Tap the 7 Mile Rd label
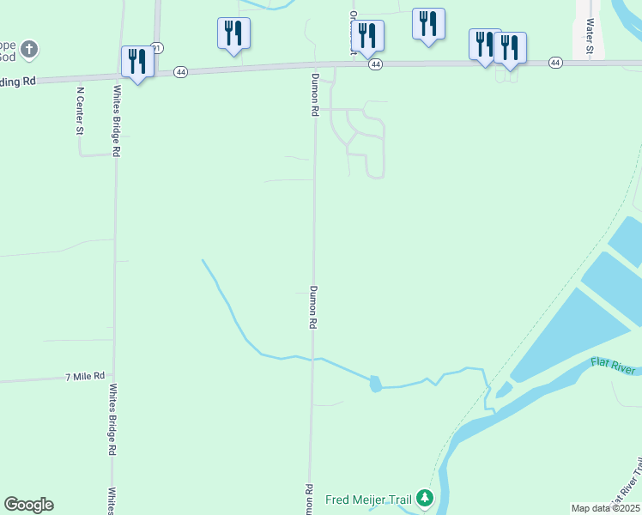coord(85,377)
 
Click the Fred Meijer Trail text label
coord(368,499)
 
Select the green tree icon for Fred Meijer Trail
coord(424,498)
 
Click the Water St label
coord(591,35)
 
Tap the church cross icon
coord(28,49)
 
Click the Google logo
coord(28,505)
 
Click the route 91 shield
coord(156,47)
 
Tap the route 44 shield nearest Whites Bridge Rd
coord(180,72)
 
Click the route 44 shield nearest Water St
coord(555,63)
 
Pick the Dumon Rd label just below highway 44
coord(315,94)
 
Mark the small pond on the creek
coord(375,384)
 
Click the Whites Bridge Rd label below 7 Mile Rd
coord(112,418)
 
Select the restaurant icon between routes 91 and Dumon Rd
coord(233,33)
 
